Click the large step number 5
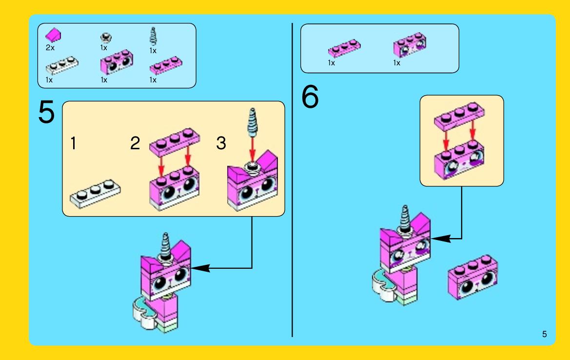[46, 112]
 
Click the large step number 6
[310, 97]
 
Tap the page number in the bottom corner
[544, 334]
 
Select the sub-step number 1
[74, 143]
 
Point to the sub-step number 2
[135, 143]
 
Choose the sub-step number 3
[221, 143]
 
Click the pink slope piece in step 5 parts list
[53, 35]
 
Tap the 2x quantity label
[50, 48]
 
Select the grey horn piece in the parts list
[153, 36]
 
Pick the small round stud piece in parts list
[106, 38]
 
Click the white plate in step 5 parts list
[62, 65]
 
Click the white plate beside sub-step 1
[95, 194]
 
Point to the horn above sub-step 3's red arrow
[252, 122]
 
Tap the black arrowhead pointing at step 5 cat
[201, 268]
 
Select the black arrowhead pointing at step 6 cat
[441, 239]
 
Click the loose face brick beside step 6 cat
[473, 277]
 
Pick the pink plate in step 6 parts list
[344, 48]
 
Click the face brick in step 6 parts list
[410, 45]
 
